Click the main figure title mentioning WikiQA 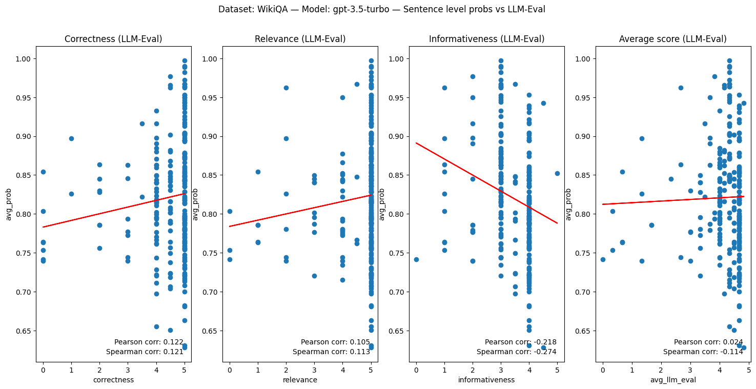(381, 9)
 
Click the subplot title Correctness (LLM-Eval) (113, 39)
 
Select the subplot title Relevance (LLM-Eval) (300, 39)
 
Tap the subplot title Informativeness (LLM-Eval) (486, 39)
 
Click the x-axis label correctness (113, 380)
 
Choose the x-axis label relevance (300, 380)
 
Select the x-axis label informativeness (486, 380)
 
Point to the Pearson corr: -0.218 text (520, 342)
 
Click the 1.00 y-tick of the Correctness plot (24, 59)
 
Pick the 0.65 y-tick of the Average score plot (583, 331)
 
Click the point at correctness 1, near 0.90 (71, 138)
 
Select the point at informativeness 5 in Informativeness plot (557, 173)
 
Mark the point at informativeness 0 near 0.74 (416, 259)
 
